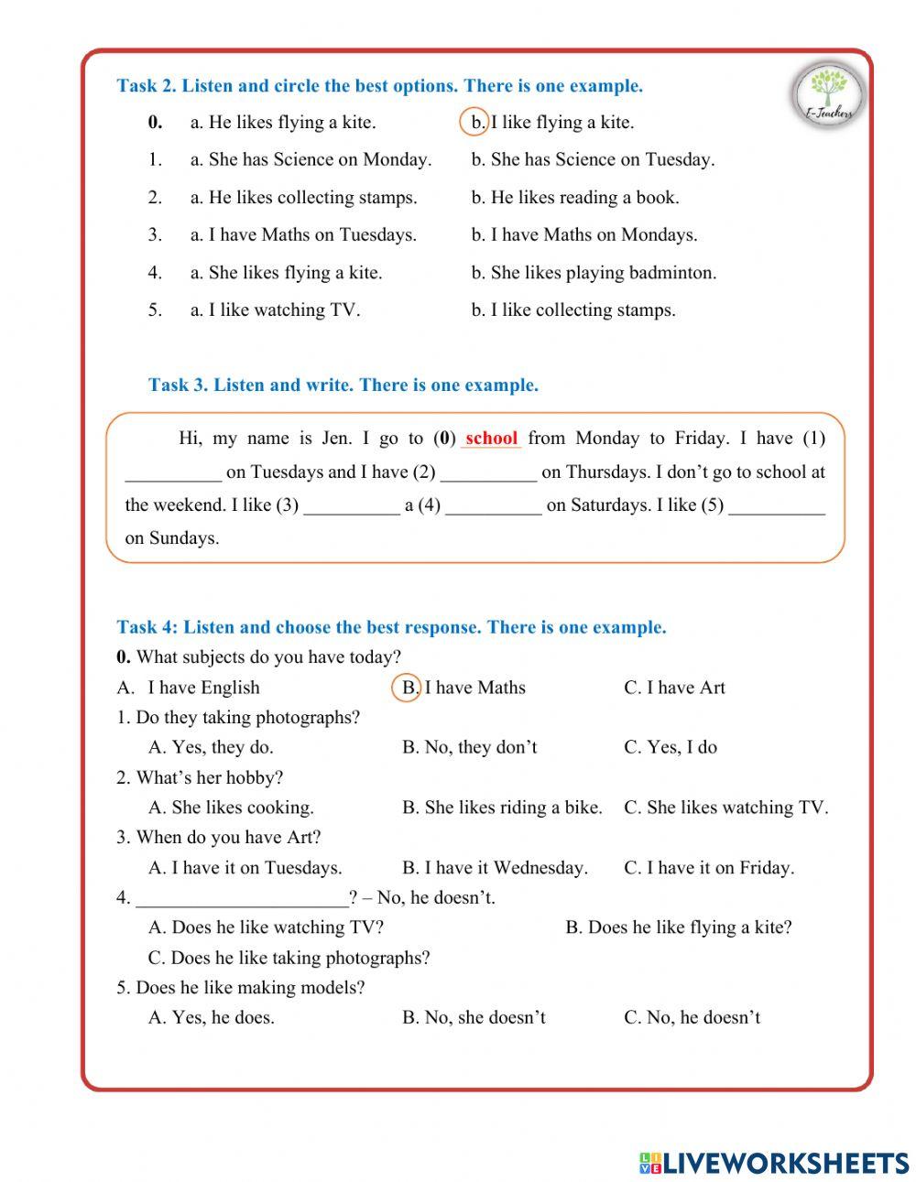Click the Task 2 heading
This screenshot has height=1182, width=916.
379,86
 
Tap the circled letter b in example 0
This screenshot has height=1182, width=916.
474,123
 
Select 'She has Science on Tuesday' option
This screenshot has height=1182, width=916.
593,160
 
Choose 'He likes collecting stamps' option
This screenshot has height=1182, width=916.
303,198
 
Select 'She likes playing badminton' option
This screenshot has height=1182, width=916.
594,273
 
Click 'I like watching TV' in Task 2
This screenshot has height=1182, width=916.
275,310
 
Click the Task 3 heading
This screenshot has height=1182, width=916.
343,385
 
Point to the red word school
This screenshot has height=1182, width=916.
492,439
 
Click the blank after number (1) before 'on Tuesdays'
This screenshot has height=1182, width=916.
173,473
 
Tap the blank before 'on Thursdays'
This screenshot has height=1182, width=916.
488,473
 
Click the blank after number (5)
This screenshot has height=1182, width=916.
777,506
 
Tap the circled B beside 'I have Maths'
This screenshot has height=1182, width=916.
407,688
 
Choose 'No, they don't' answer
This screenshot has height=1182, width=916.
469,748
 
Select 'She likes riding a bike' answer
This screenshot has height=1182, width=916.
502,808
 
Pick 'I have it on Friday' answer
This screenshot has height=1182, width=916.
708,868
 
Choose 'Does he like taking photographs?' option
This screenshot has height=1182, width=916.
289,959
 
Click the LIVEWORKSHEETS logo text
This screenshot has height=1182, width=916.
774,1163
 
